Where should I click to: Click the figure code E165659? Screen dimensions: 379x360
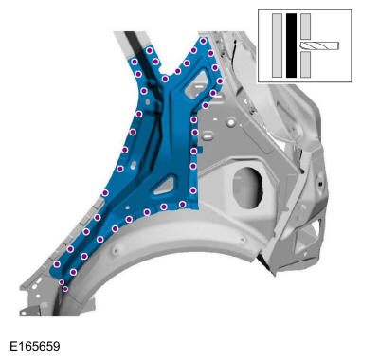coord(35,346)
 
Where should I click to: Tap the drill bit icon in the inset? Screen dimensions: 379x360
coord(319,46)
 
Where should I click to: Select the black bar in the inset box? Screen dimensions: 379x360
coord(291,45)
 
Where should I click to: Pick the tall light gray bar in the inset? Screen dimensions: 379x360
coord(277,45)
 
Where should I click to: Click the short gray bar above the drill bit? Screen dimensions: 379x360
coord(305,27)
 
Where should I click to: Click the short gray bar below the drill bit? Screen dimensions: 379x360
coord(305,64)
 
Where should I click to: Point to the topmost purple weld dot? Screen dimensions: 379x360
coord(203,41)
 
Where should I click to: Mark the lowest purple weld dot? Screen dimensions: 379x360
coord(65,289)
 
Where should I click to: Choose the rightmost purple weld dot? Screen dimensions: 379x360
coord(220,81)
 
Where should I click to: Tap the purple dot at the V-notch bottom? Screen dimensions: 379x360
coord(165,79)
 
